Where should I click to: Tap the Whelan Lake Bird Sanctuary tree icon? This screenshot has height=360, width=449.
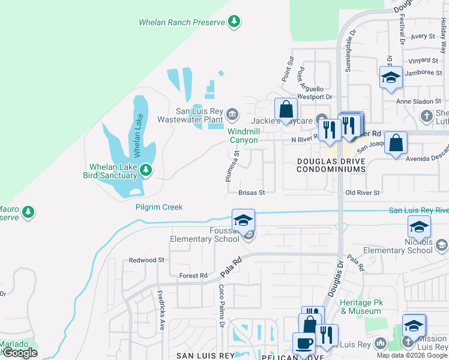coord(145,172)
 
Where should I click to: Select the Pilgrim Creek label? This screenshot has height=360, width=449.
coord(159,207)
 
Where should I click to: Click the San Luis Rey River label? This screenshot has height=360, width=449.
coord(418,210)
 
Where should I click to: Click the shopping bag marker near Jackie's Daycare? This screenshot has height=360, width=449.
coord(286,110)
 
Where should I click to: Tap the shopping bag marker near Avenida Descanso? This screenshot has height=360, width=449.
coord(396,143)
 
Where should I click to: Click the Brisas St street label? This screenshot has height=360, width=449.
coord(252,193)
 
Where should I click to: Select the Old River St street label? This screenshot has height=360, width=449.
coord(363,193)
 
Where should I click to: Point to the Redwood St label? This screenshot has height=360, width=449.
coord(146,260)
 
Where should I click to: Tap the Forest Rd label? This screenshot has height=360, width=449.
coord(193,275)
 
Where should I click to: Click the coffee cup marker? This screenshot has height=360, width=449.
coord(303,344)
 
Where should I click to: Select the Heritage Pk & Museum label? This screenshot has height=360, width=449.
coord(361,307)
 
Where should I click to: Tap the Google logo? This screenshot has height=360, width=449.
coord(19,352)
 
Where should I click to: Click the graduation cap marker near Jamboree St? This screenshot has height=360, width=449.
coord(390,77)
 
